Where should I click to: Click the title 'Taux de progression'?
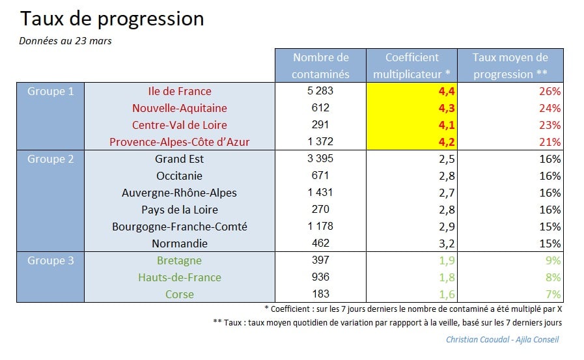[111, 19]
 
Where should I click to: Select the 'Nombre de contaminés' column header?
[320, 66]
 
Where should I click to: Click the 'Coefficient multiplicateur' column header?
[412, 66]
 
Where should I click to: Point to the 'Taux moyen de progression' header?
[510, 66]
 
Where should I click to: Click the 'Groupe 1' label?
[51, 91]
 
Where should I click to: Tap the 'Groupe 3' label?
[51, 260]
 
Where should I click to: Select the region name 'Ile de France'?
[180, 91]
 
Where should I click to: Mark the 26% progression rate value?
[549, 91]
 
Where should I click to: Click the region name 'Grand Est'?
[180, 159]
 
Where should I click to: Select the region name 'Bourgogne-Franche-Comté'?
[180, 227]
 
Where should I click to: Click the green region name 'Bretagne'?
[180, 260]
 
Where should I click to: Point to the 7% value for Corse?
[552, 294]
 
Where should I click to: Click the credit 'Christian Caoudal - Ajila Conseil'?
[502, 339]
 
